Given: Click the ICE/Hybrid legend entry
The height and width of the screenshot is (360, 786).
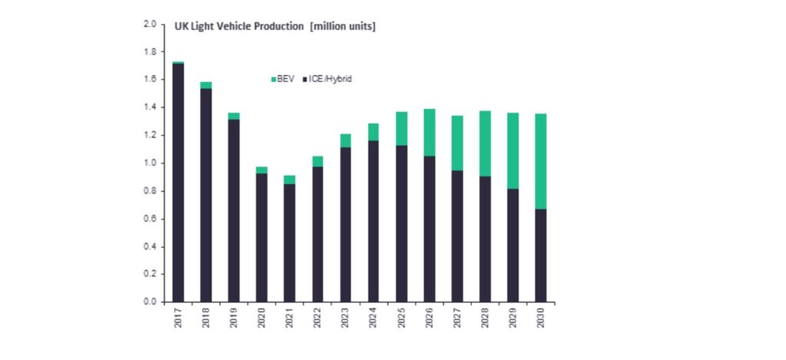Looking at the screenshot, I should click(x=329, y=79).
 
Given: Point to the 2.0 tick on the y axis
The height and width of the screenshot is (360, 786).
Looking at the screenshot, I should click(x=150, y=24).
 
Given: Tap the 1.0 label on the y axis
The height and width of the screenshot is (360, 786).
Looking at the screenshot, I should click(x=150, y=163).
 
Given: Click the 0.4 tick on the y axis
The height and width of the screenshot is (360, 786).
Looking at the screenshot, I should click(x=150, y=246).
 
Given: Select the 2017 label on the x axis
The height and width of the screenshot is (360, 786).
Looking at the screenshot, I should click(x=178, y=318).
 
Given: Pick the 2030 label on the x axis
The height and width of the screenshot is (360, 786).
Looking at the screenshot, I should click(x=540, y=318).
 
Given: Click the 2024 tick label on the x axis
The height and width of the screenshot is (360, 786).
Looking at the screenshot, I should click(x=373, y=318).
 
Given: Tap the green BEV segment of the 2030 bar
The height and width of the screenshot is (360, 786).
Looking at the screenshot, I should click(x=540, y=161).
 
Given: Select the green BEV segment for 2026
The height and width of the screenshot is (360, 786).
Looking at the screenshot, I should click(x=428, y=132).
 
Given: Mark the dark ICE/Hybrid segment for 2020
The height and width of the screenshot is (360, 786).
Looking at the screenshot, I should click(x=262, y=237).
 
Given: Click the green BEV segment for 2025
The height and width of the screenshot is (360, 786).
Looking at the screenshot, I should click(x=401, y=128).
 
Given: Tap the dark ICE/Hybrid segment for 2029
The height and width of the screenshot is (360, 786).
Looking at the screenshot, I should click(x=512, y=245).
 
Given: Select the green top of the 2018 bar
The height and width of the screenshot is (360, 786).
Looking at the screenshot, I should click(x=206, y=85).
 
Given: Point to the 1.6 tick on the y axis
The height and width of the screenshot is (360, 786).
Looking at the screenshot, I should click(x=150, y=79).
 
